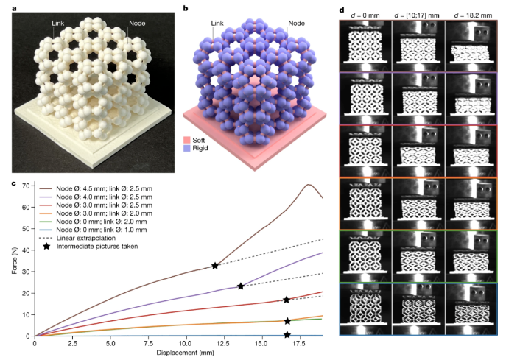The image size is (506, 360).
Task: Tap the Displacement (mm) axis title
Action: point(178,353)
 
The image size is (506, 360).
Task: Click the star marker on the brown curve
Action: point(215,265)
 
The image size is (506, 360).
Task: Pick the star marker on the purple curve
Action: point(241,286)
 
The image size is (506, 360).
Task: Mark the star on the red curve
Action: point(287,300)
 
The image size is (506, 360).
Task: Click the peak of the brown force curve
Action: point(309,185)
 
